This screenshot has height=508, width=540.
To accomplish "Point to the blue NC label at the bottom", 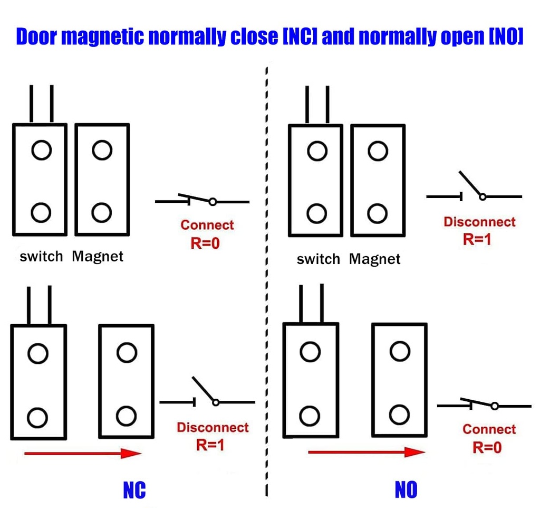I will [x=134, y=490].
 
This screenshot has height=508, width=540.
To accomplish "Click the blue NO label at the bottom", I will [x=406, y=490].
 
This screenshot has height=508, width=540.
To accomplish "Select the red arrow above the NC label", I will [x=82, y=453].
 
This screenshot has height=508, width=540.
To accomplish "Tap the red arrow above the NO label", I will [x=366, y=452].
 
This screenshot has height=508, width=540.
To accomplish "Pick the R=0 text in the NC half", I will [x=205, y=243].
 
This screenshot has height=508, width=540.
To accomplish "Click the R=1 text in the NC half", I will [x=210, y=445].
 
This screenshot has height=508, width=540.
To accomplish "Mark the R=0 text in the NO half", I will [x=487, y=448].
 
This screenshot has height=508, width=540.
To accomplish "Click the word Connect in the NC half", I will [x=207, y=225].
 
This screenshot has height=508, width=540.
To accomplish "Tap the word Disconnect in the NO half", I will [x=479, y=222].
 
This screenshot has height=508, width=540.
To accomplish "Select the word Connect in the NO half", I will [x=489, y=429].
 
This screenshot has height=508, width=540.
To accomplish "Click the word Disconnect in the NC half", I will [x=213, y=427].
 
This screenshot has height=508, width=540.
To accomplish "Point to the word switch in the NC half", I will [x=41, y=257].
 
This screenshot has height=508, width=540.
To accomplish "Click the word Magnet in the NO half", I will [x=375, y=259].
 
